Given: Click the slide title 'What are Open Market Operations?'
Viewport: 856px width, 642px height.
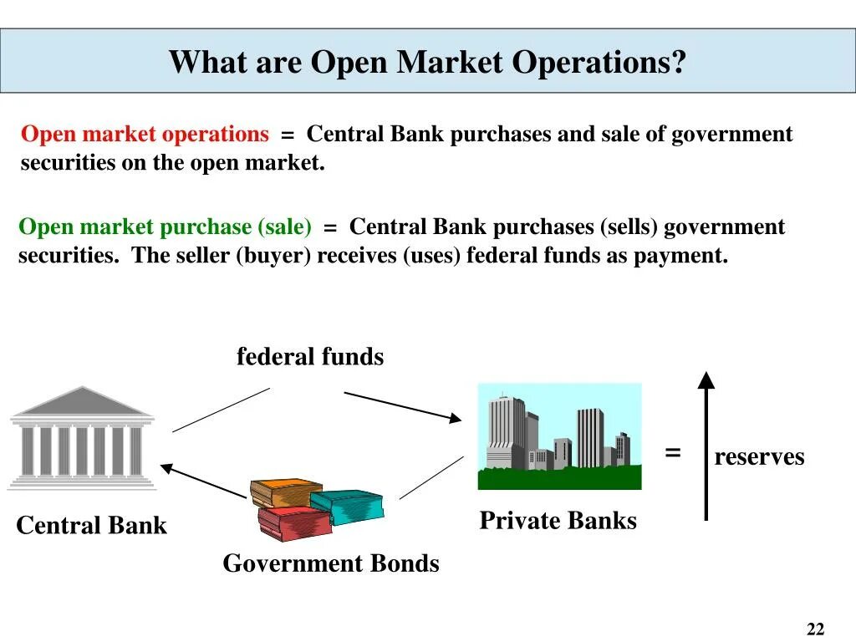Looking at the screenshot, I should click(427, 62).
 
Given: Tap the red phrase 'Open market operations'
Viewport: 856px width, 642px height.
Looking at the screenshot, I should click(145, 135).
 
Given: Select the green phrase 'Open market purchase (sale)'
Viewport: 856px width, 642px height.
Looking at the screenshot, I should click(165, 227).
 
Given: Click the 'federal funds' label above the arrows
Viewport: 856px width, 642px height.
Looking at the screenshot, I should click(310, 358).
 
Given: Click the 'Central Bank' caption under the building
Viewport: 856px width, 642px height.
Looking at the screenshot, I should click(91, 526).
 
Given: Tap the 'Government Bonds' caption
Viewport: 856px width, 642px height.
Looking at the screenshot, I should click(330, 563).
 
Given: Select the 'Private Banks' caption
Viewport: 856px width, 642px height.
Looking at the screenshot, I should click(558, 521).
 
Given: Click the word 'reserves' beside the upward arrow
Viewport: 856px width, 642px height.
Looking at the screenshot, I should click(759, 457).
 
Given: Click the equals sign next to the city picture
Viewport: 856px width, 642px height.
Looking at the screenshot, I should click(673, 453).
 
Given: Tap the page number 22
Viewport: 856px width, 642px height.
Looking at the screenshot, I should click(815, 629).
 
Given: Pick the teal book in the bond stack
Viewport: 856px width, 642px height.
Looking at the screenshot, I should click(348, 504).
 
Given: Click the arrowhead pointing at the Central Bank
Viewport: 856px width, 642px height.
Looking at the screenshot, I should click(168, 469).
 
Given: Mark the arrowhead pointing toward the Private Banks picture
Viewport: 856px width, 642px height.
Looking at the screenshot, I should click(453, 417).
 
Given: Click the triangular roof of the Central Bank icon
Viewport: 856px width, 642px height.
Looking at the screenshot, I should click(82, 401).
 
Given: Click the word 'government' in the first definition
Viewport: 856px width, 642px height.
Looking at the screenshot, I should click(731, 135).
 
